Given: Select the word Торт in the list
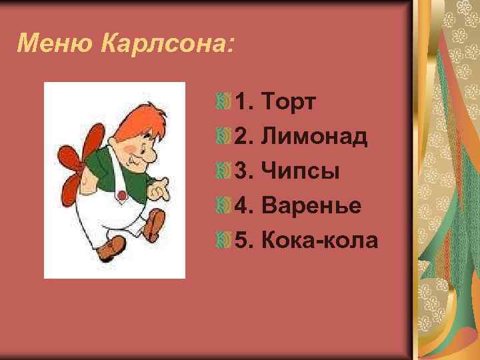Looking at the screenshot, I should pos(290,103).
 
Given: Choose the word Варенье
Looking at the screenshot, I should pos(313,207).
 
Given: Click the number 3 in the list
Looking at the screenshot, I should pos(242,172).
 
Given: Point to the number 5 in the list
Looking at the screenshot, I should pos(242,241).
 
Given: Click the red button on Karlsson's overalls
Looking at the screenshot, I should pos(121,195).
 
